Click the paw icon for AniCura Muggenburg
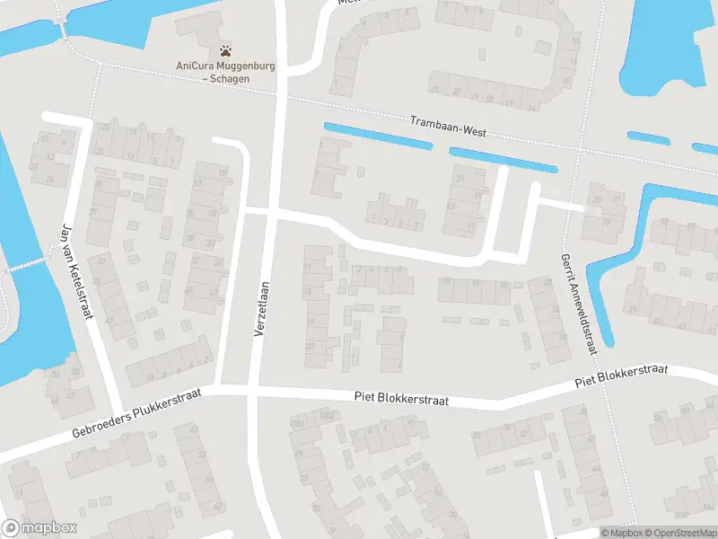[x=225, y=50]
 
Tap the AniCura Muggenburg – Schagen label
[x=225, y=72]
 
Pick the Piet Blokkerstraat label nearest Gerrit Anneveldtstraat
[x=622, y=376]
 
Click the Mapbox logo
[x=39, y=528]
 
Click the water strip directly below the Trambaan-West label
[x=503, y=160]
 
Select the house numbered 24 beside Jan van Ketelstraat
[x=50, y=179]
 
